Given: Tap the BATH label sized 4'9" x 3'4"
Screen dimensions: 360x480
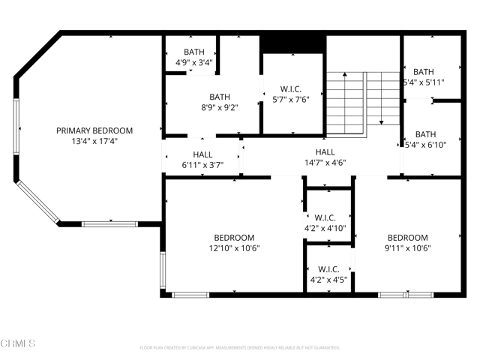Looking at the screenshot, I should click(x=193, y=52).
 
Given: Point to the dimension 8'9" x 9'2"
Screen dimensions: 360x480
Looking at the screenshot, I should click(x=220, y=107).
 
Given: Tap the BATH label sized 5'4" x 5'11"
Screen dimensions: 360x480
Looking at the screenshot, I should click(x=424, y=72).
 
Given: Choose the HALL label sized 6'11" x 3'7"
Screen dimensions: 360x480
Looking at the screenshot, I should click(x=202, y=154).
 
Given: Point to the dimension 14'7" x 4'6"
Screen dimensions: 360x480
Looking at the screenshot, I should click(x=325, y=162).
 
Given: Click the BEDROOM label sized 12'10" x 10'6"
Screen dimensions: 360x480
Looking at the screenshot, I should click(x=234, y=238).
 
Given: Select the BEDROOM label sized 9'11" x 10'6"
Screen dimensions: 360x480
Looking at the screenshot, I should click(x=407, y=238).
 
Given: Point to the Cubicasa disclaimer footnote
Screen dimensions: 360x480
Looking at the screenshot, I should click(x=240, y=348).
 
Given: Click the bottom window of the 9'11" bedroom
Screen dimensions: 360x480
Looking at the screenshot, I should click(x=404, y=295).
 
